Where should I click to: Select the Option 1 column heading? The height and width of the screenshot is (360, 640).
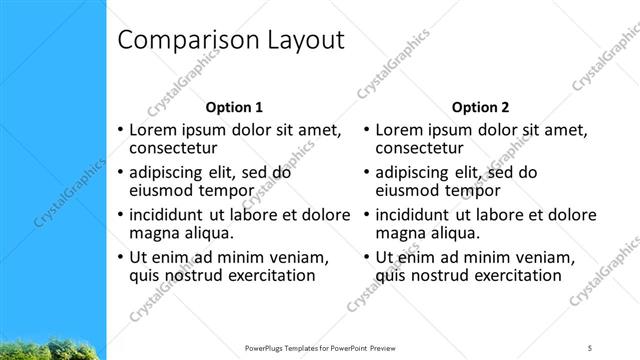pos(234,107)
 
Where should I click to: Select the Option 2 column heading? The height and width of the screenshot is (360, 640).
pos(480,107)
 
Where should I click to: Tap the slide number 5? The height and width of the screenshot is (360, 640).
pos(590,347)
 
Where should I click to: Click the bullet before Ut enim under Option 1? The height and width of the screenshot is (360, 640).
pos(121,257)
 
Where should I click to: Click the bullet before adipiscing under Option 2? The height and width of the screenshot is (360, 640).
pos(367,172)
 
